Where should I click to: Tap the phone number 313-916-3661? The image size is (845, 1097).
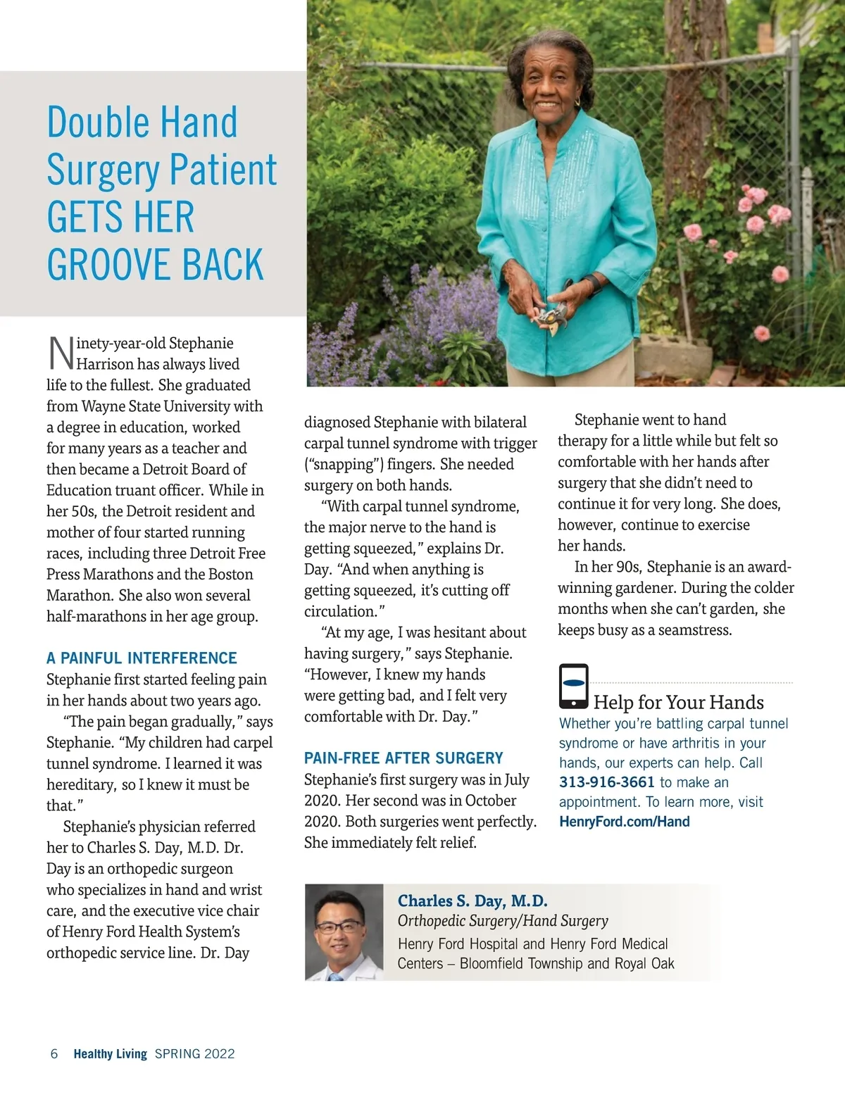[606, 782]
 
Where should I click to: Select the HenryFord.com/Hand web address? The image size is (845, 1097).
[624, 822]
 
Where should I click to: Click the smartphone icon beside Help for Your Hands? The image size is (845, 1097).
[573, 686]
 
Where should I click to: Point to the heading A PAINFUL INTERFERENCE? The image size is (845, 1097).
[142, 658]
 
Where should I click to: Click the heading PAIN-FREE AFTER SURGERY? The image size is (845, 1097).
[403, 758]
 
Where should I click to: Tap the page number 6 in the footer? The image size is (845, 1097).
[54, 1054]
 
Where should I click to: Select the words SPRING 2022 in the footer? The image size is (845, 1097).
[194, 1054]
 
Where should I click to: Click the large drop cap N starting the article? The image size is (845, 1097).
[61, 353]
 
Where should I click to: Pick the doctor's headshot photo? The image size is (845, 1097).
[344, 932]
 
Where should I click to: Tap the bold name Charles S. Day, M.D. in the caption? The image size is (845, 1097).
[472, 901]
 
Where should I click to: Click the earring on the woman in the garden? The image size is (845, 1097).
[578, 102]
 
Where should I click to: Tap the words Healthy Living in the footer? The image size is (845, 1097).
[110, 1054]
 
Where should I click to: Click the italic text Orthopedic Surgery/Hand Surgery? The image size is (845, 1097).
[503, 921]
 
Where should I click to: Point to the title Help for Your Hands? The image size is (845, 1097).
[678, 703]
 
